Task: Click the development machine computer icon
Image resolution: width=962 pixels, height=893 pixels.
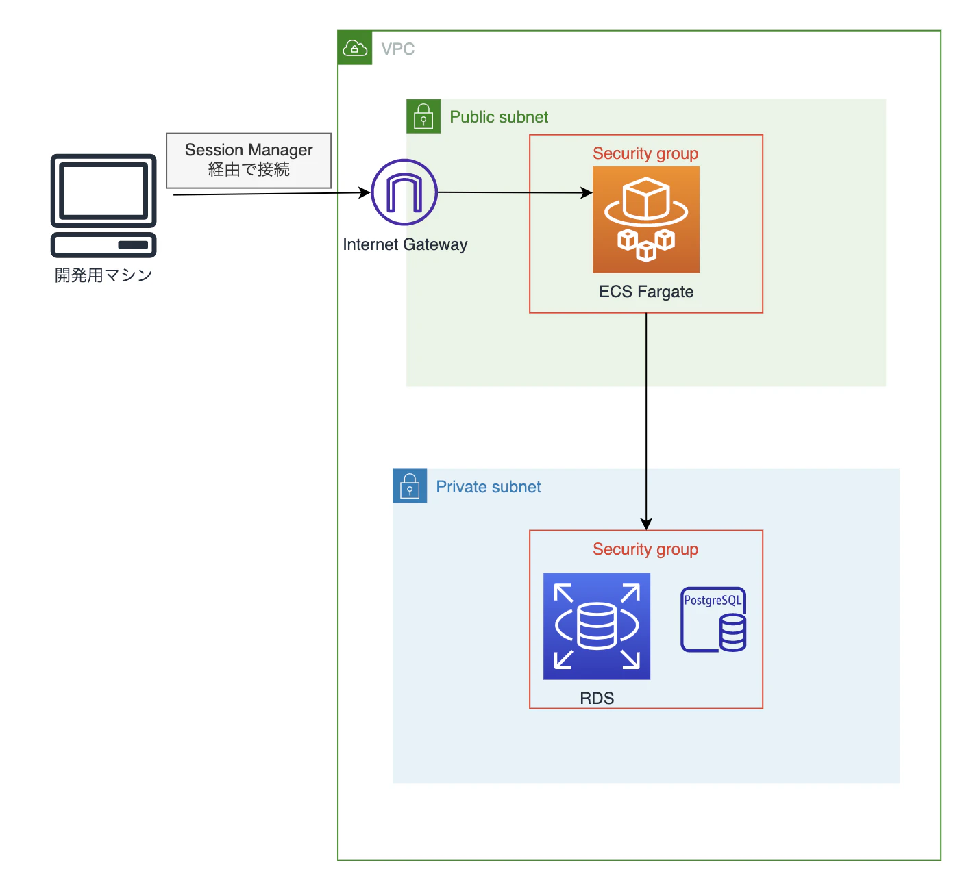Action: pos(103,206)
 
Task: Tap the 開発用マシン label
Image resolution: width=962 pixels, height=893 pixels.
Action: pos(103,275)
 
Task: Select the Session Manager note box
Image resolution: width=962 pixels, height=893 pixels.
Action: pos(249,160)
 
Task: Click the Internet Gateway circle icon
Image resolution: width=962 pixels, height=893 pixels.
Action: pos(404,192)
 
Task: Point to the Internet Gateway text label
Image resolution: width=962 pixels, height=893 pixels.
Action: pos(405,244)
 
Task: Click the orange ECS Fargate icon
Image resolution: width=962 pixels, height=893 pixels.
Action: pos(645,219)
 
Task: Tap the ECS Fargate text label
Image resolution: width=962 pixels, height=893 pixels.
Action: pos(645,292)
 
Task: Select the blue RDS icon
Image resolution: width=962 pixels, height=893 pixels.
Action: pos(596,626)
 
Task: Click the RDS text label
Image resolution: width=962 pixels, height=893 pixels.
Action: pos(596,699)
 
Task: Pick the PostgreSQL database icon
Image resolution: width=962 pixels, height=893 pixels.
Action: pos(713,619)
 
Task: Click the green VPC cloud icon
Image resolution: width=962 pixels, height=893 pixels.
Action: pos(354,48)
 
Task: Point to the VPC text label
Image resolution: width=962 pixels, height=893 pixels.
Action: pos(397,49)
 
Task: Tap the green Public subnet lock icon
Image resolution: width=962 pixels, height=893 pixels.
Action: pos(423,116)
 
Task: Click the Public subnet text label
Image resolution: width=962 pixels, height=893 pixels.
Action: pos(498,117)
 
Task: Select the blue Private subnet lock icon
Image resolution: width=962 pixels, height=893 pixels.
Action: pos(409,486)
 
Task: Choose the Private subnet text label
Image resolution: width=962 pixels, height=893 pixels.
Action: pos(488,487)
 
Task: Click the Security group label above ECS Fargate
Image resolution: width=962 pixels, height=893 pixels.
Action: pos(645,153)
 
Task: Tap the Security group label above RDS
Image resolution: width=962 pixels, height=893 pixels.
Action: pos(645,549)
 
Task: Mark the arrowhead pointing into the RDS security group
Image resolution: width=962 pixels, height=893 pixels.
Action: pos(645,525)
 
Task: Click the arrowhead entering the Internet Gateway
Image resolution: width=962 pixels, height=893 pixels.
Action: pos(365,192)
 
